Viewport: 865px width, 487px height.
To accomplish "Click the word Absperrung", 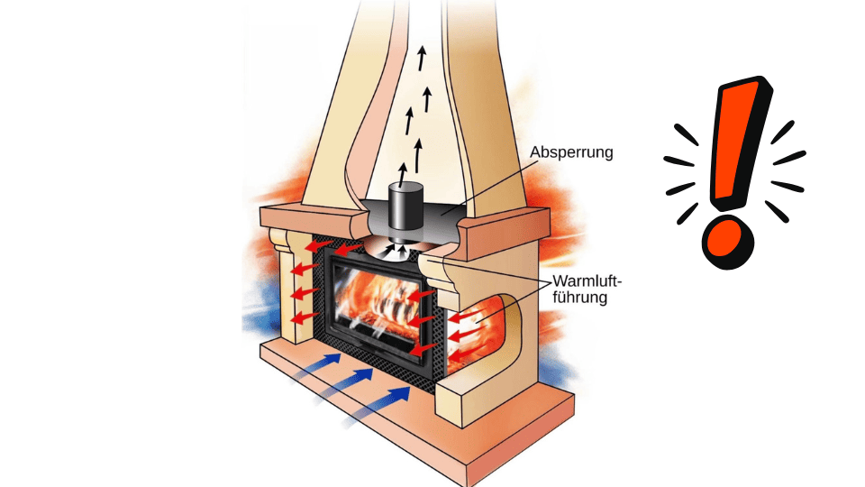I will [572, 152].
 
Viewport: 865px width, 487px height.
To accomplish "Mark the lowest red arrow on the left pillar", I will [306, 317].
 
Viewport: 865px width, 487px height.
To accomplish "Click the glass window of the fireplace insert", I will [378, 307].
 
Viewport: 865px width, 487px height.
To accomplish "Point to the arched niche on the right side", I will [491, 329].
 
